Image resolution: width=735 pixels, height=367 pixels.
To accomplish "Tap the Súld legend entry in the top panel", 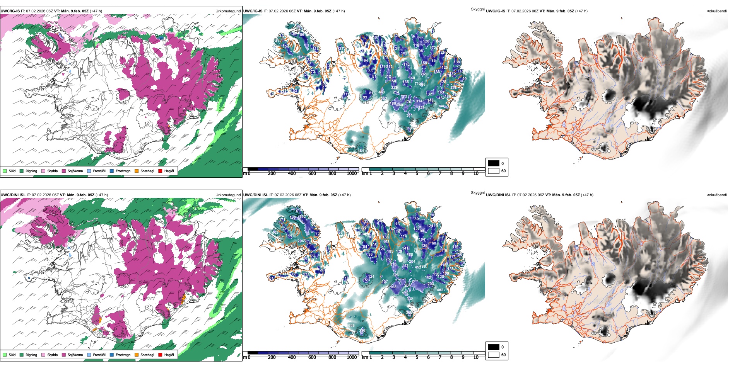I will (9, 171).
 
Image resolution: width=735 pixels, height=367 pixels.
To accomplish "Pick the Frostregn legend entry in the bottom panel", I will (120, 355).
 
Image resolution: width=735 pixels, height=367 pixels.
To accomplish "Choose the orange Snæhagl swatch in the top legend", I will (137, 171).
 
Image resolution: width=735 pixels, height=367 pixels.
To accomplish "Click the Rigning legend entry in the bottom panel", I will (28, 355).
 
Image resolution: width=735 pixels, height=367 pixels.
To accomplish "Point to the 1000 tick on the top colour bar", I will (352, 173).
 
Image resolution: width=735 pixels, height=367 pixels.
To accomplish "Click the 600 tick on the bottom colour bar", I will (312, 357).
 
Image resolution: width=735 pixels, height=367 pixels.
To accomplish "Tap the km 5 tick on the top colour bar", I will (417, 173).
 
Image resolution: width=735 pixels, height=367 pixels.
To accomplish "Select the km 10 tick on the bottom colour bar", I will (476, 357).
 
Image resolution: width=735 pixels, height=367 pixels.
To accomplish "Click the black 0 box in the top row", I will (494, 163).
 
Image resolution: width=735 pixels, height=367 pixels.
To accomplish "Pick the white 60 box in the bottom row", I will (494, 355).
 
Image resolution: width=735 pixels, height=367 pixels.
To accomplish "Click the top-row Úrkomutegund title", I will (228, 11).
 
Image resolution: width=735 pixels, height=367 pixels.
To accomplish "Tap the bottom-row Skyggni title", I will (477, 193).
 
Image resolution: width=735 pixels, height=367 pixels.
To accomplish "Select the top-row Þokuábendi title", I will (716, 11).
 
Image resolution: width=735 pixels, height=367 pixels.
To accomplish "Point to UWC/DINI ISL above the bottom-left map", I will (13, 195).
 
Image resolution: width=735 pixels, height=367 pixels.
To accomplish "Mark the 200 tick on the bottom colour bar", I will (272, 357).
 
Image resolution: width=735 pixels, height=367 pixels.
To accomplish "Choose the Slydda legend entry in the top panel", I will (50, 171).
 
